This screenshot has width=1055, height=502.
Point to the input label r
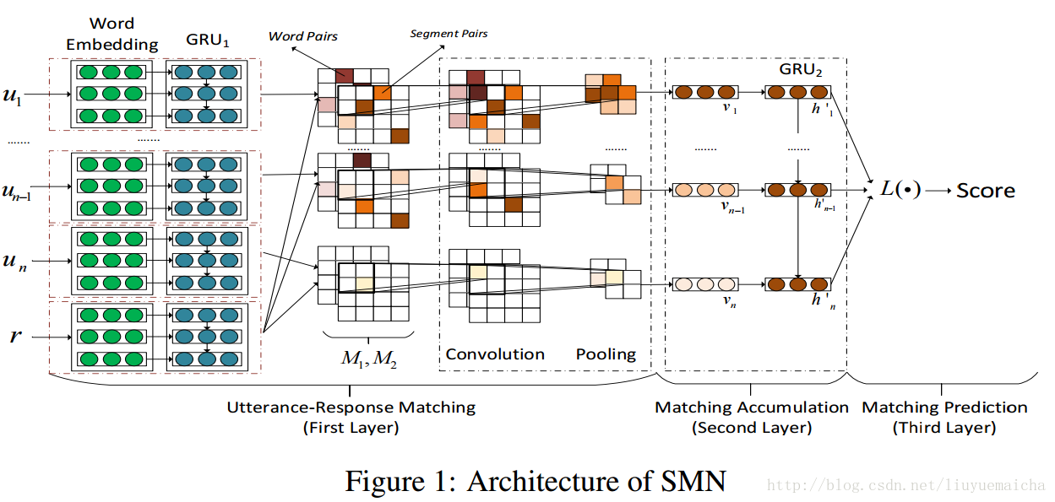point(15,337)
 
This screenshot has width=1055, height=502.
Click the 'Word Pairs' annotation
point(303,36)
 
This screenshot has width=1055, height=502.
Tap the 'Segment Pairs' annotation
point(449,34)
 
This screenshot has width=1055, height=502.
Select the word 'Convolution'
point(495,354)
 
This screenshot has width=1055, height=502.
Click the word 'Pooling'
point(606,354)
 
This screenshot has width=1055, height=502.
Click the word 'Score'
point(986,191)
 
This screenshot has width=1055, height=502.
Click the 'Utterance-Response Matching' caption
point(351,408)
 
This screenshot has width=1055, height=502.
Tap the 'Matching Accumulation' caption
point(752,408)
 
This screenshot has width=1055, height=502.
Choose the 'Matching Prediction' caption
point(944,408)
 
